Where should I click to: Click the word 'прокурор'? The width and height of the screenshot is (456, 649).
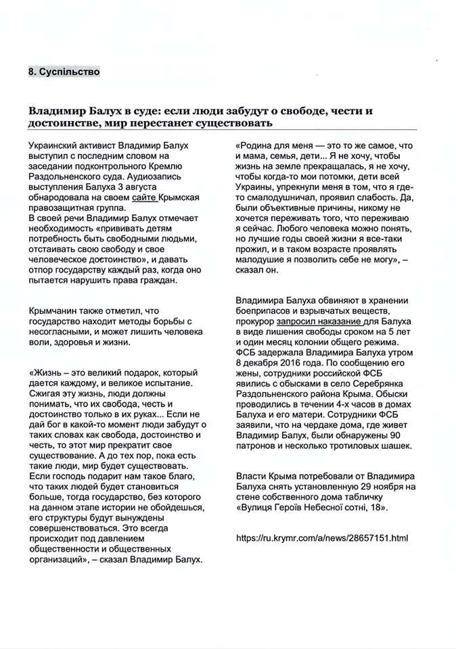click(x=255, y=321)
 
